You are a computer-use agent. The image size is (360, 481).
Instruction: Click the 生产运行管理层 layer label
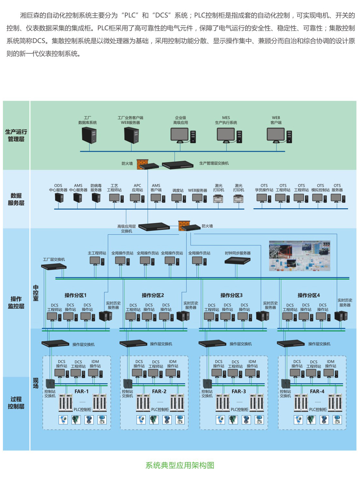pyautogui.click(x=16, y=135)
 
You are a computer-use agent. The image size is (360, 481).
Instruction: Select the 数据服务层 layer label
pyautogui.click(x=16, y=199)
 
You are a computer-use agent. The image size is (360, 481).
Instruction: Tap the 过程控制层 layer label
pyautogui.click(x=16, y=403)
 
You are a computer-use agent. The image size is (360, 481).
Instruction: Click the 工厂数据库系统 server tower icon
pyautogui.click(x=89, y=135)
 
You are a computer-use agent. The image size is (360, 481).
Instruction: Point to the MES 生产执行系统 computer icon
pyautogui.click(x=229, y=135)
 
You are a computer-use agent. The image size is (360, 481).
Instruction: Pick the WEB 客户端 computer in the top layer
pyautogui.click(x=279, y=135)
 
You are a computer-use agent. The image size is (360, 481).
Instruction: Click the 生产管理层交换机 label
pyautogui.click(x=214, y=163)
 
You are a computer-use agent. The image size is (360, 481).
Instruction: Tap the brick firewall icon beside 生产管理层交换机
pyautogui.click(x=142, y=164)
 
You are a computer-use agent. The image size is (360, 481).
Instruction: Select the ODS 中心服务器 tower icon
pyautogui.click(x=59, y=198)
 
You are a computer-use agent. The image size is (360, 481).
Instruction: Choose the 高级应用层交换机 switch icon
pyautogui.click(x=154, y=227)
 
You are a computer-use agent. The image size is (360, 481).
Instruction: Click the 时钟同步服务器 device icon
pyautogui.click(x=238, y=260)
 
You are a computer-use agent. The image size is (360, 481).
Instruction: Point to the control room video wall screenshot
pyautogui.click(x=300, y=256)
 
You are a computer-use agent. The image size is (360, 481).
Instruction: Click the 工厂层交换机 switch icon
pyautogui.click(x=54, y=266)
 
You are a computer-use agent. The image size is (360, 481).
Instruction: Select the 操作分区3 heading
pyautogui.click(x=231, y=295)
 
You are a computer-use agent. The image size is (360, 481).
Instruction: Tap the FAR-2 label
pyautogui.click(x=159, y=391)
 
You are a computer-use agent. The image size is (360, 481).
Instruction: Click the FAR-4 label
pyautogui.click(x=317, y=391)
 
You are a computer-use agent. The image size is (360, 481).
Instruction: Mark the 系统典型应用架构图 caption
pyautogui.click(x=180, y=465)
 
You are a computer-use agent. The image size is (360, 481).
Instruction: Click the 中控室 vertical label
pyautogui.click(x=36, y=293)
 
